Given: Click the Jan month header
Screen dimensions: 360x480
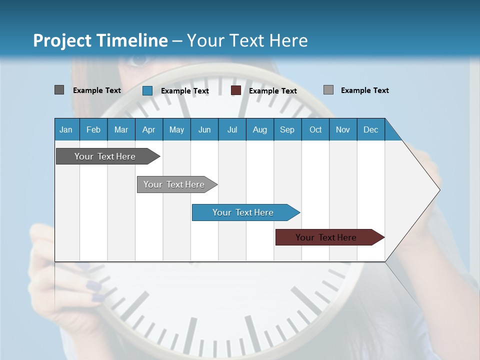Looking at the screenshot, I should (x=66, y=129).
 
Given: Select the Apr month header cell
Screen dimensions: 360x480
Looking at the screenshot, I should (x=148, y=129).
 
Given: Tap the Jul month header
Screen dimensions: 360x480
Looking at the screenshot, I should (x=232, y=129).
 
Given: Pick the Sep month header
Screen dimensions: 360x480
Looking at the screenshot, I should (x=287, y=129).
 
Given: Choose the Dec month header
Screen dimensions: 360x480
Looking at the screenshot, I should (x=370, y=129).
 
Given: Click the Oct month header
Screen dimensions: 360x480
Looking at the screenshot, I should (x=315, y=129).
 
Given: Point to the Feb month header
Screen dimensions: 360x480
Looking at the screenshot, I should (x=93, y=129).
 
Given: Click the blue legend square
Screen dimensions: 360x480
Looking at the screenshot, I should (x=147, y=90).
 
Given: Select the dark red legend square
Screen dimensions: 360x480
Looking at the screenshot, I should (x=236, y=90).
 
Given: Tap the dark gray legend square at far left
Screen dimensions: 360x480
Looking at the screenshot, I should (x=59, y=90).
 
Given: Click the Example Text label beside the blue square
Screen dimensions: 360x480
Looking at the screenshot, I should (x=185, y=91).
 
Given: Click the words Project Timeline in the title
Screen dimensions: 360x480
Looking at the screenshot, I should (x=100, y=40).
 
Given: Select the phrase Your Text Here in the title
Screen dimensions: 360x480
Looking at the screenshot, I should (x=247, y=40).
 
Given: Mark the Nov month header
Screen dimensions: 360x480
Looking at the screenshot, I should (x=343, y=129).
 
